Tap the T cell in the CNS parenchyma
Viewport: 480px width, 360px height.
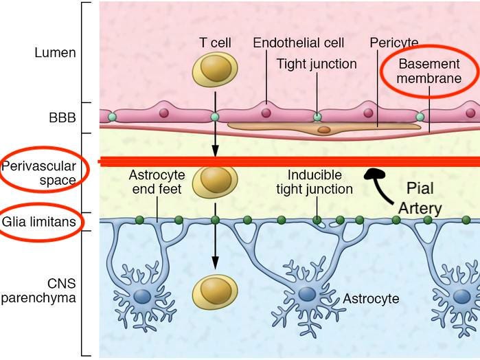coord(215,292)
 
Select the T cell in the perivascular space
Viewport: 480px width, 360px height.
coord(215,179)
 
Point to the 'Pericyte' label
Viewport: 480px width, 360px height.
coord(393,43)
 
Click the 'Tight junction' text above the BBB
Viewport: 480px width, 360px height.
coord(317,64)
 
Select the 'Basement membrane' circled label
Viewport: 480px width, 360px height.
coord(431,71)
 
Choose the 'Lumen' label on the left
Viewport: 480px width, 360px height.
coord(55,52)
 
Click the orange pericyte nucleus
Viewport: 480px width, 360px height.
coord(323,129)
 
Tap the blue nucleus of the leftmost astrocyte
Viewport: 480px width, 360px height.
coord(142,296)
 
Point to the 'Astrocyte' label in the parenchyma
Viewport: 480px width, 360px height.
coord(371,299)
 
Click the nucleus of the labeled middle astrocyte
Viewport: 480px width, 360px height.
coord(307,295)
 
